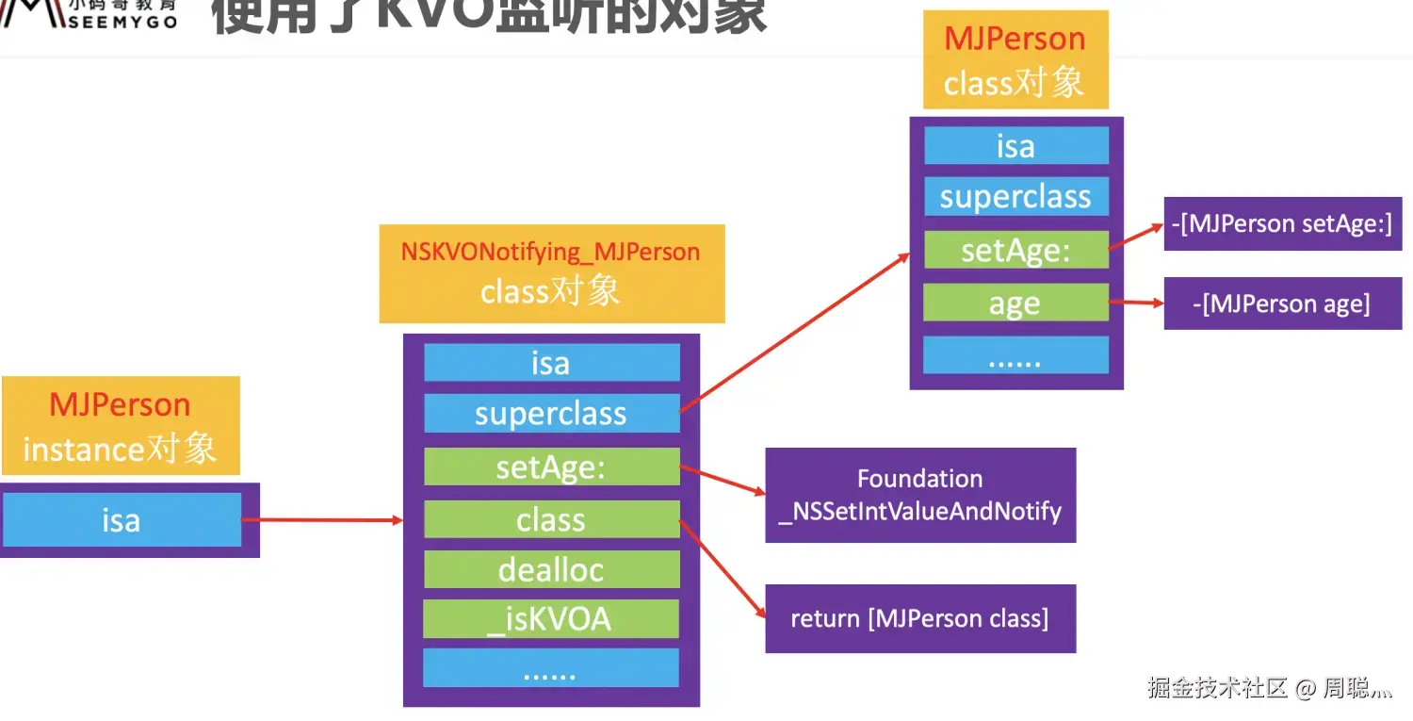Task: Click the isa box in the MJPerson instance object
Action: coord(122,520)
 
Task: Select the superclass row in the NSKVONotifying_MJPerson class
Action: coord(551,414)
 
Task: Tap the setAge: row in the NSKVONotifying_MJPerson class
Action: coord(551,467)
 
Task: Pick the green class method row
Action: coord(551,519)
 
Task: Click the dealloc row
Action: coord(551,569)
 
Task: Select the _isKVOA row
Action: coord(551,618)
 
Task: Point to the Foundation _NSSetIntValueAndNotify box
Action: coord(919,495)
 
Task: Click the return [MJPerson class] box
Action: coord(919,619)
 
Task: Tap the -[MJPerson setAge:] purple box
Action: coord(1282,223)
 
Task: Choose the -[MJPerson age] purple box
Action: coord(1282,303)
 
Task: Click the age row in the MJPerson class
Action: coord(1015,303)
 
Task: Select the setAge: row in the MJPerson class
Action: coord(1015,251)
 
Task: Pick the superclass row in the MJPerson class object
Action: coord(1015,197)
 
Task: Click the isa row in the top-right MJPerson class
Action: coord(1015,146)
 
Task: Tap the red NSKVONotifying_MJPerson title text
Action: coord(551,252)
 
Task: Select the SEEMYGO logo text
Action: coord(122,21)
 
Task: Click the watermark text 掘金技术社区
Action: coord(1217,688)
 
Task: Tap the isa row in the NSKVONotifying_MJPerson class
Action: coord(551,363)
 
